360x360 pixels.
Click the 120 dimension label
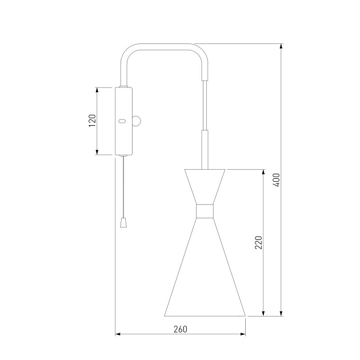point(92,121)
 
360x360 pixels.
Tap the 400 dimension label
point(277,180)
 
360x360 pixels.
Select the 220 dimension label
point(258,242)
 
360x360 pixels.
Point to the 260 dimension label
point(181,329)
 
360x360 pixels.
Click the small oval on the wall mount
point(122,121)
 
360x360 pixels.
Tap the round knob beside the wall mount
point(137,121)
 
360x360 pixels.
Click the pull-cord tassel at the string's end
point(123,223)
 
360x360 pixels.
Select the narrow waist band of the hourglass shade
point(205,211)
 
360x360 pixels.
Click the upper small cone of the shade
point(205,187)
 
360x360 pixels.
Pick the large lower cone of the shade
point(205,267)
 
